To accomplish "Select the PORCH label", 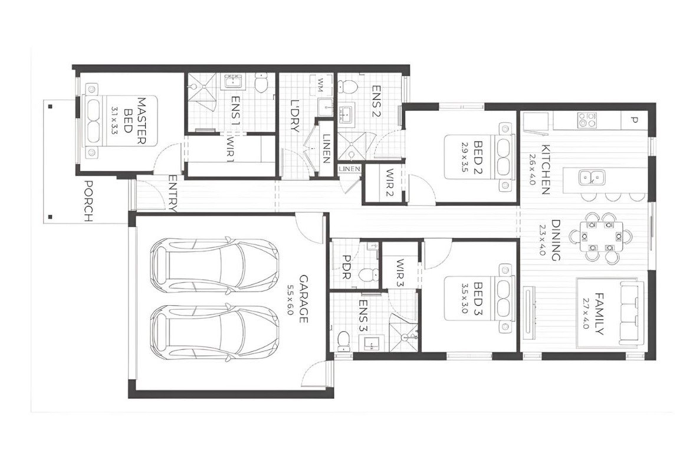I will click(88, 201).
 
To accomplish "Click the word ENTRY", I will click(173, 193).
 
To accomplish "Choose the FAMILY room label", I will click(599, 313).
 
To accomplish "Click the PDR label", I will click(346, 268).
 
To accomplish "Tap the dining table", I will click(600, 237).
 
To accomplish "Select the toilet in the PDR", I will click(370, 274).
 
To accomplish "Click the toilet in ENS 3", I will click(344, 339).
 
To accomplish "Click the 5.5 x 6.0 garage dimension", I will click(290, 300).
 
